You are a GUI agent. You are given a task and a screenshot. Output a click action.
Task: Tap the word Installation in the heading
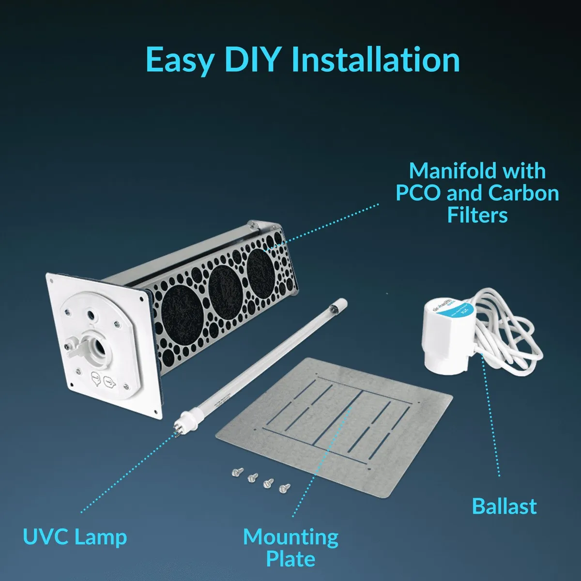(376, 60)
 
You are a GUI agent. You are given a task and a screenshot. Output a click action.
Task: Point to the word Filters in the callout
(477, 215)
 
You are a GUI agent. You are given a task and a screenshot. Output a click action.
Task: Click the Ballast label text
(504, 506)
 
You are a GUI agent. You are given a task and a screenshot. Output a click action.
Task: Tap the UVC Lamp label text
(75, 537)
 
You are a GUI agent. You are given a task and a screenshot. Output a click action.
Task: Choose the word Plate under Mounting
(290, 559)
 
